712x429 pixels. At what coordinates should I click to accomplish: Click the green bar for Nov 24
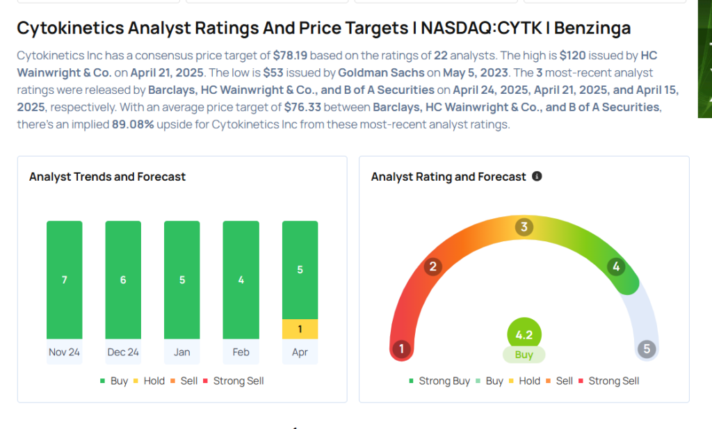click(64, 280)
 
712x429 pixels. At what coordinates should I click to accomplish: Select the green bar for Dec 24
click(123, 280)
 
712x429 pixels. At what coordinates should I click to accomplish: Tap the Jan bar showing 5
click(181, 280)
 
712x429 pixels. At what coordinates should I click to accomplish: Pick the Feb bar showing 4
click(241, 280)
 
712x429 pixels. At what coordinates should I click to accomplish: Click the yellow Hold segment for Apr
click(300, 329)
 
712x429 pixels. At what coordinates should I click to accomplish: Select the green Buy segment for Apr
click(300, 270)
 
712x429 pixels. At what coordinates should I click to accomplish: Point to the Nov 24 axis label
click(64, 352)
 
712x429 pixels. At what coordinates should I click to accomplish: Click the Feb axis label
click(241, 352)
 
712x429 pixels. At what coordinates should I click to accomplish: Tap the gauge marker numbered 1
click(401, 348)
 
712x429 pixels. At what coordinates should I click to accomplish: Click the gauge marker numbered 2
click(432, 266)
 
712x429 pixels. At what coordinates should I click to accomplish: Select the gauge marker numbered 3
click(524, 227)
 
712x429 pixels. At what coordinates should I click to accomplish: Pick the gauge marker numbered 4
click(615, 266)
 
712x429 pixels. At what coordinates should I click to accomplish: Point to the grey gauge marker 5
click(647, 348)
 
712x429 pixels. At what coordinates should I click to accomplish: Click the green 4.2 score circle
click(524, 334)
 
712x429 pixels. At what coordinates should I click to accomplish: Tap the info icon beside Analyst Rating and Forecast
click(537, 177)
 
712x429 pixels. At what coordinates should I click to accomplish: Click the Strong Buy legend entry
click(439, 381)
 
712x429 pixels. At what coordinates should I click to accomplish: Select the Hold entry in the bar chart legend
click(154, 381)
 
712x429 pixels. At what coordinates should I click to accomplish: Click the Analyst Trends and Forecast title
click(107, 177)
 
